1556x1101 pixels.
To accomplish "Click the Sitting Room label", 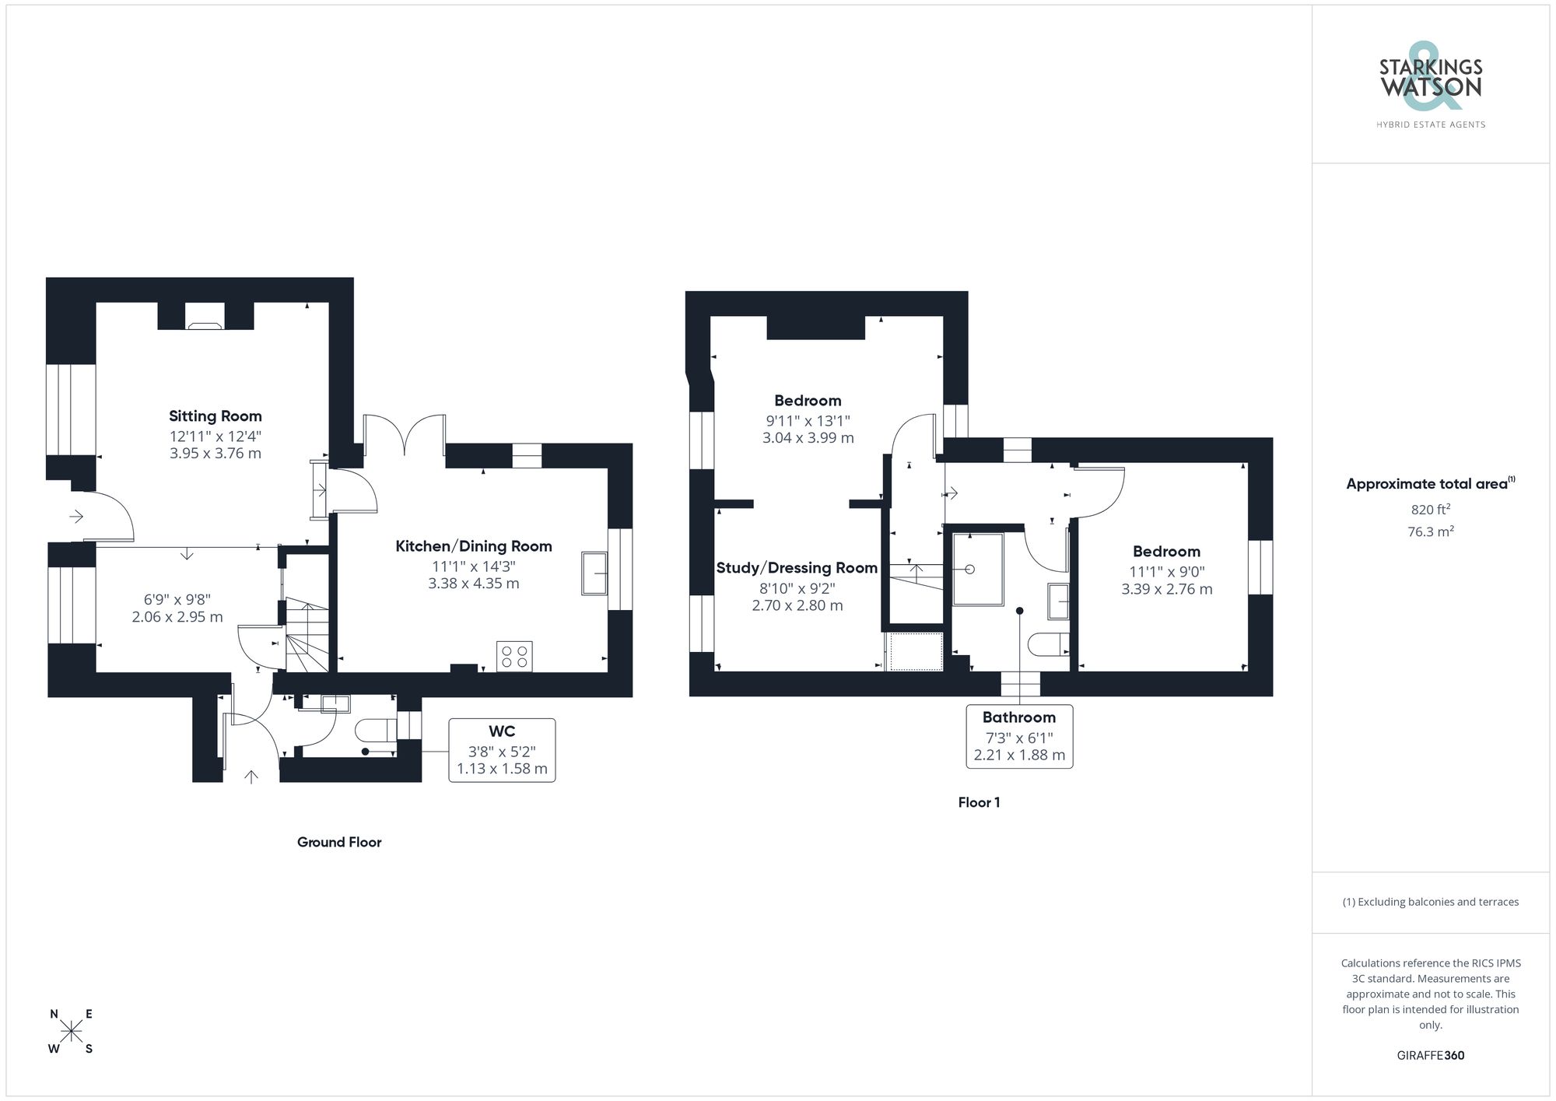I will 216,416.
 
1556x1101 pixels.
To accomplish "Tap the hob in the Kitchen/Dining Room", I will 514,656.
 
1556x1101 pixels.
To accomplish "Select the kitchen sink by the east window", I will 594,573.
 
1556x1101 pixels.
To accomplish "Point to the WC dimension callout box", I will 502,750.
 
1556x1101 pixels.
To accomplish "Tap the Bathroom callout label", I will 1018,717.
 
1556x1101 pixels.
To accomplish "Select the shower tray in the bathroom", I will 978,569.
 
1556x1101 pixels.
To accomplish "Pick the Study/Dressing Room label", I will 797,568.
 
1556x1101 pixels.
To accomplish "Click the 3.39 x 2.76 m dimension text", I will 1166,589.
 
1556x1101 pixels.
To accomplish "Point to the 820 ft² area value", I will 1430,510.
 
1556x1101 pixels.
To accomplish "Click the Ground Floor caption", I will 339,842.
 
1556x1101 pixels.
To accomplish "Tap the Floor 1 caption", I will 979,802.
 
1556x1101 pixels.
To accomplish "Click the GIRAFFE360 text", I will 1430,1055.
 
